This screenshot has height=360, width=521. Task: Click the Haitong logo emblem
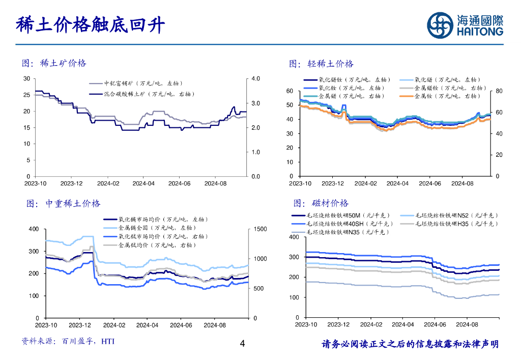point(440,25)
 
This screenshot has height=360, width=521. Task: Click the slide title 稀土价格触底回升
point(91,24)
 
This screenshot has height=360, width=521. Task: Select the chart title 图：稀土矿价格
point(54,63)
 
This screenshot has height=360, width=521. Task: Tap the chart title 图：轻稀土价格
point(321,64)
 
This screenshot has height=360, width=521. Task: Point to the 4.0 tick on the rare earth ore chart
point(256,79)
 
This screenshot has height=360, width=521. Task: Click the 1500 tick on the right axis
point(259,229)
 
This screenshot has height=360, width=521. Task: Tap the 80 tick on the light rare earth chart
point(499,91)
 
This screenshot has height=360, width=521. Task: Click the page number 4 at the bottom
point(242,344)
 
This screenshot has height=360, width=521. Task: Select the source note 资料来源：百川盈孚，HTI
point(68,341)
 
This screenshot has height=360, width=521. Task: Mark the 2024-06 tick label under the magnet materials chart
point(435,324)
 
